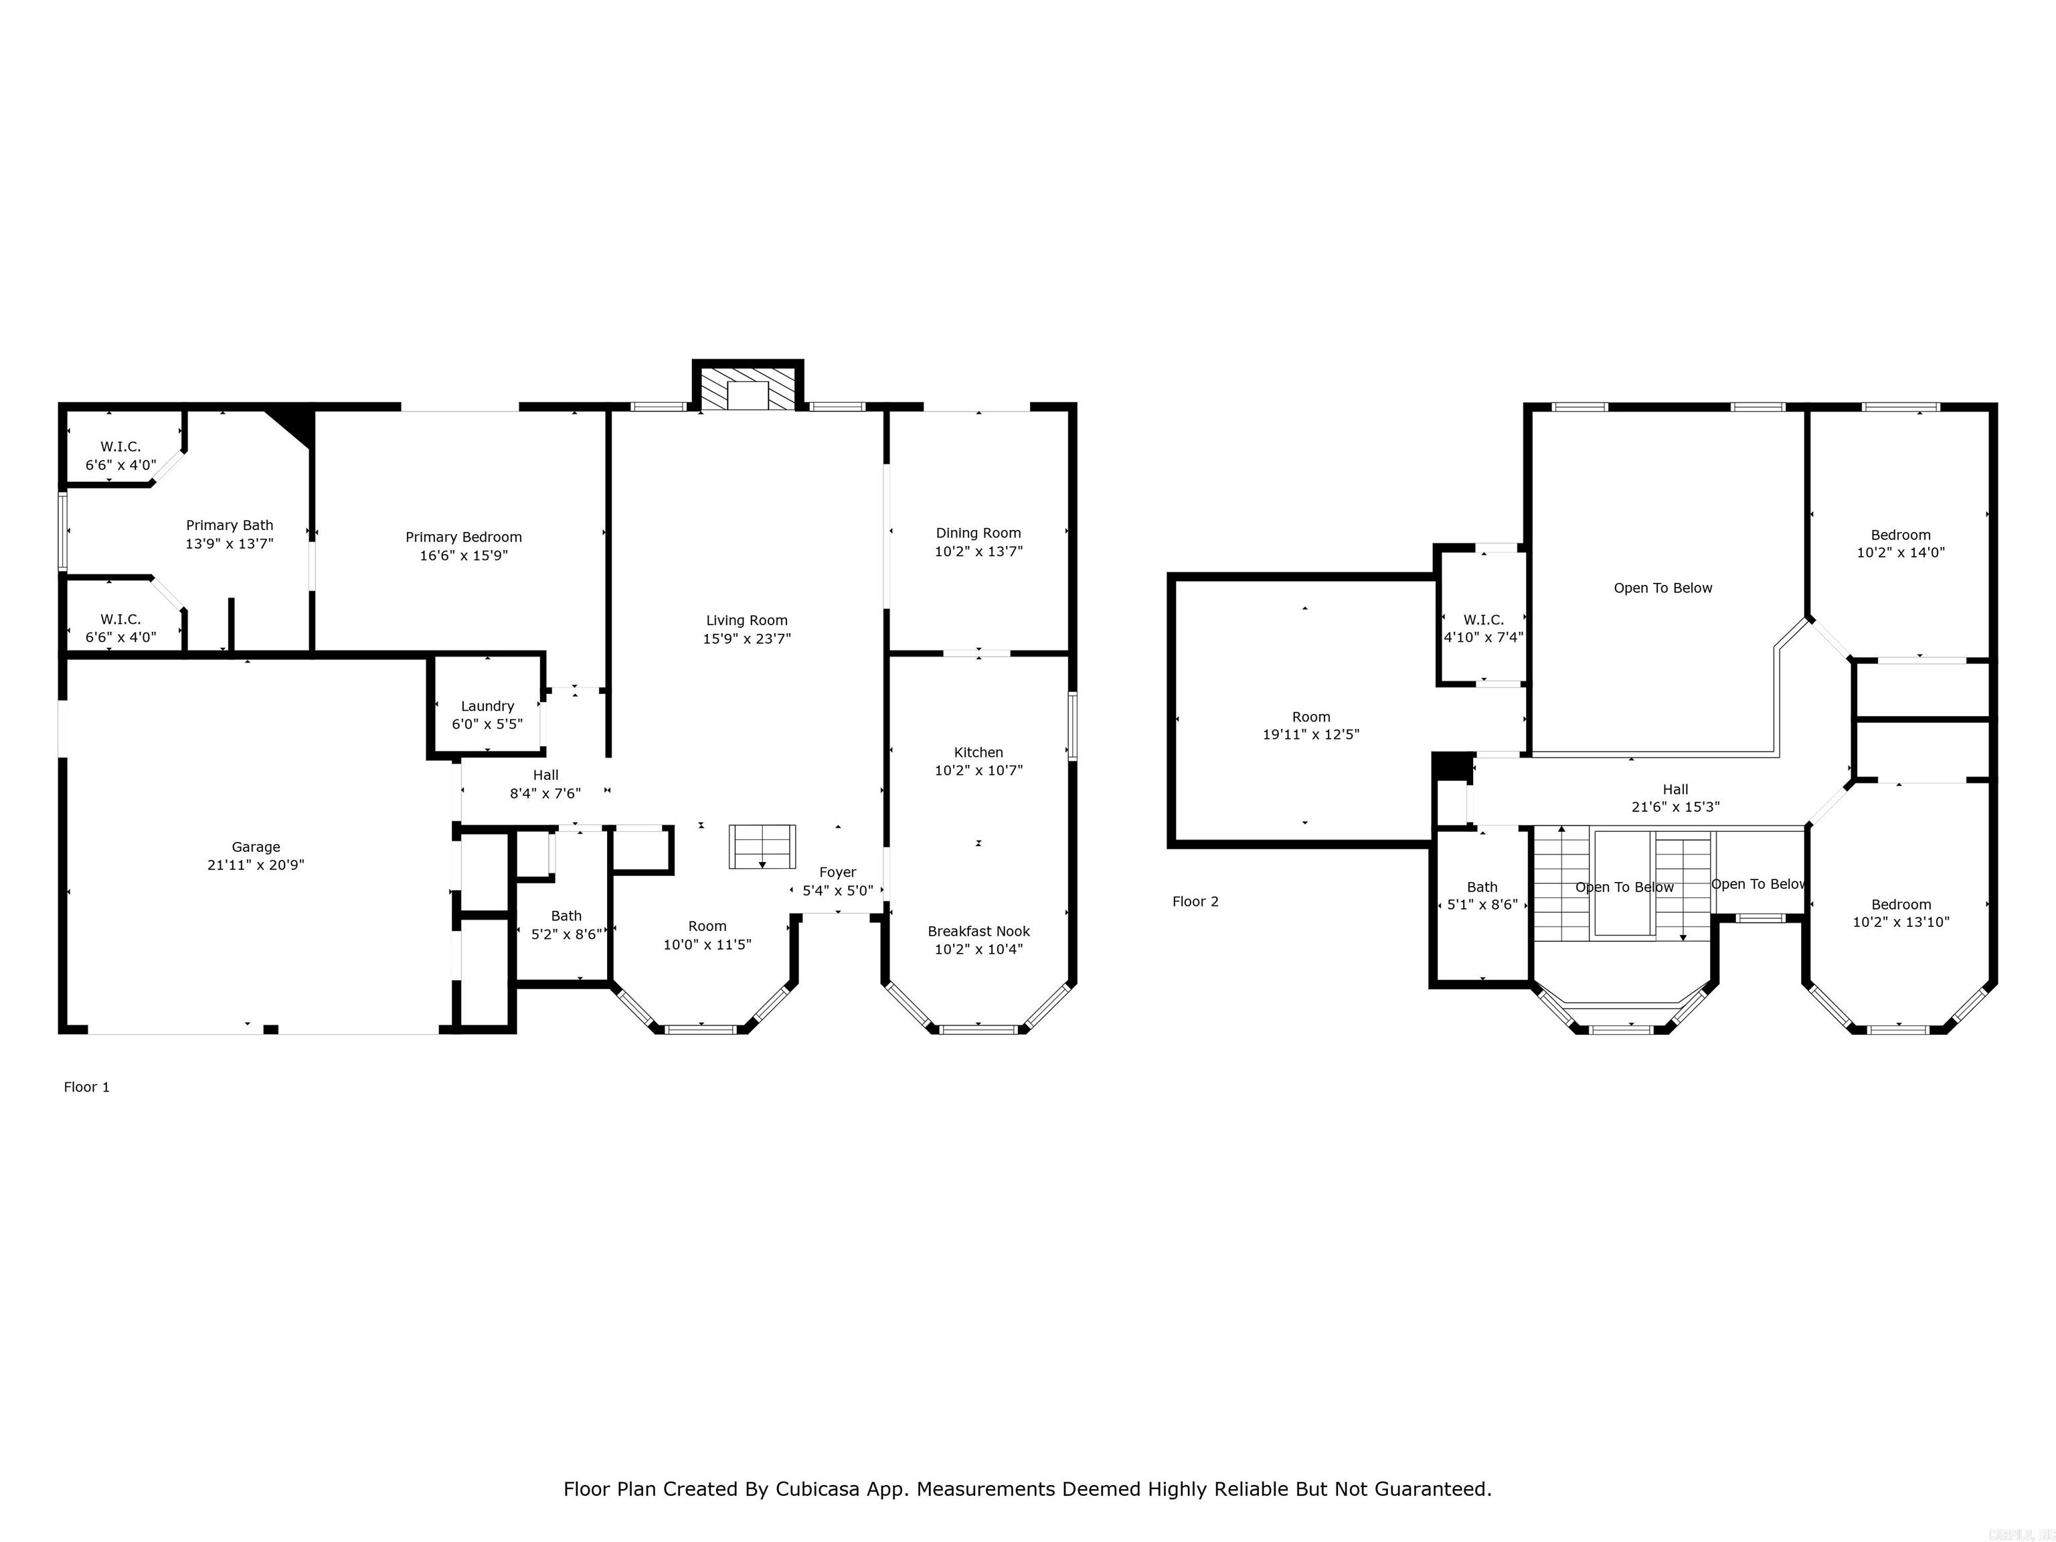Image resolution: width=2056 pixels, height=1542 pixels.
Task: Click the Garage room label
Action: point(256,847)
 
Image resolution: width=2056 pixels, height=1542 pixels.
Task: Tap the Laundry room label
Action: point(487,706)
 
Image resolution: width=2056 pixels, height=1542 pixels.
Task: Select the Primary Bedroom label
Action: point(464,537)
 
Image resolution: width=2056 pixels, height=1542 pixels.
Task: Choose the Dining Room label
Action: point(978,533)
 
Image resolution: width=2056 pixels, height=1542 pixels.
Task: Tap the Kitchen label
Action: point(978,752)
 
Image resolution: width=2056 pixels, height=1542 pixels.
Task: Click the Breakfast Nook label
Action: point(978,932)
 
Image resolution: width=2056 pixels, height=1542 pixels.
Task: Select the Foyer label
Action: point(837,872)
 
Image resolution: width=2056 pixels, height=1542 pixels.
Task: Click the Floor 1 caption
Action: point(86,1086)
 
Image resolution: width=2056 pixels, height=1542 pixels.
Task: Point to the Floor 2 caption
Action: point(1195,901)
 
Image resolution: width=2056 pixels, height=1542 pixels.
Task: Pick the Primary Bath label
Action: point(230,525)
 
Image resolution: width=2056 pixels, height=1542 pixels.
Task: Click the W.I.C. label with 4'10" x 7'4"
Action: point(1484,619)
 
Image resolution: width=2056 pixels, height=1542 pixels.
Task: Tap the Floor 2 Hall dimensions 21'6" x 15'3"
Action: point(1676,806)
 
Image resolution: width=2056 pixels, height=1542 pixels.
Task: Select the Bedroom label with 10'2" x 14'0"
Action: point(1901,535)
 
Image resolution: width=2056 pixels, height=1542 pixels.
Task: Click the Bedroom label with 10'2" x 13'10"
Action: point(1901,904)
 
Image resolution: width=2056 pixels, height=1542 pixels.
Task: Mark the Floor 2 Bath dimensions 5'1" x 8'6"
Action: point(1482,904)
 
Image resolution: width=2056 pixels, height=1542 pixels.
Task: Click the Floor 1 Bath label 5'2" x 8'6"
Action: point(566,916)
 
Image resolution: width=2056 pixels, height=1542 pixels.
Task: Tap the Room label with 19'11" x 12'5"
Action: point(1310,717)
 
